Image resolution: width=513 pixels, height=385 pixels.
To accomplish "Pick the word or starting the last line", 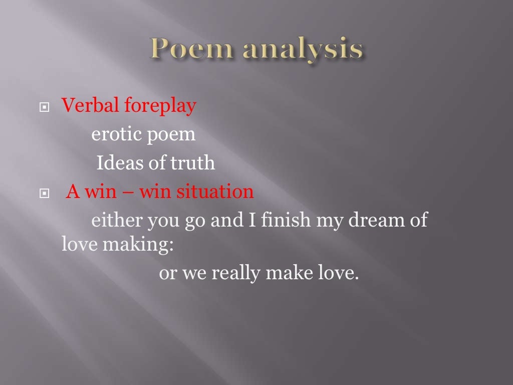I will (x=166, y=274).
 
